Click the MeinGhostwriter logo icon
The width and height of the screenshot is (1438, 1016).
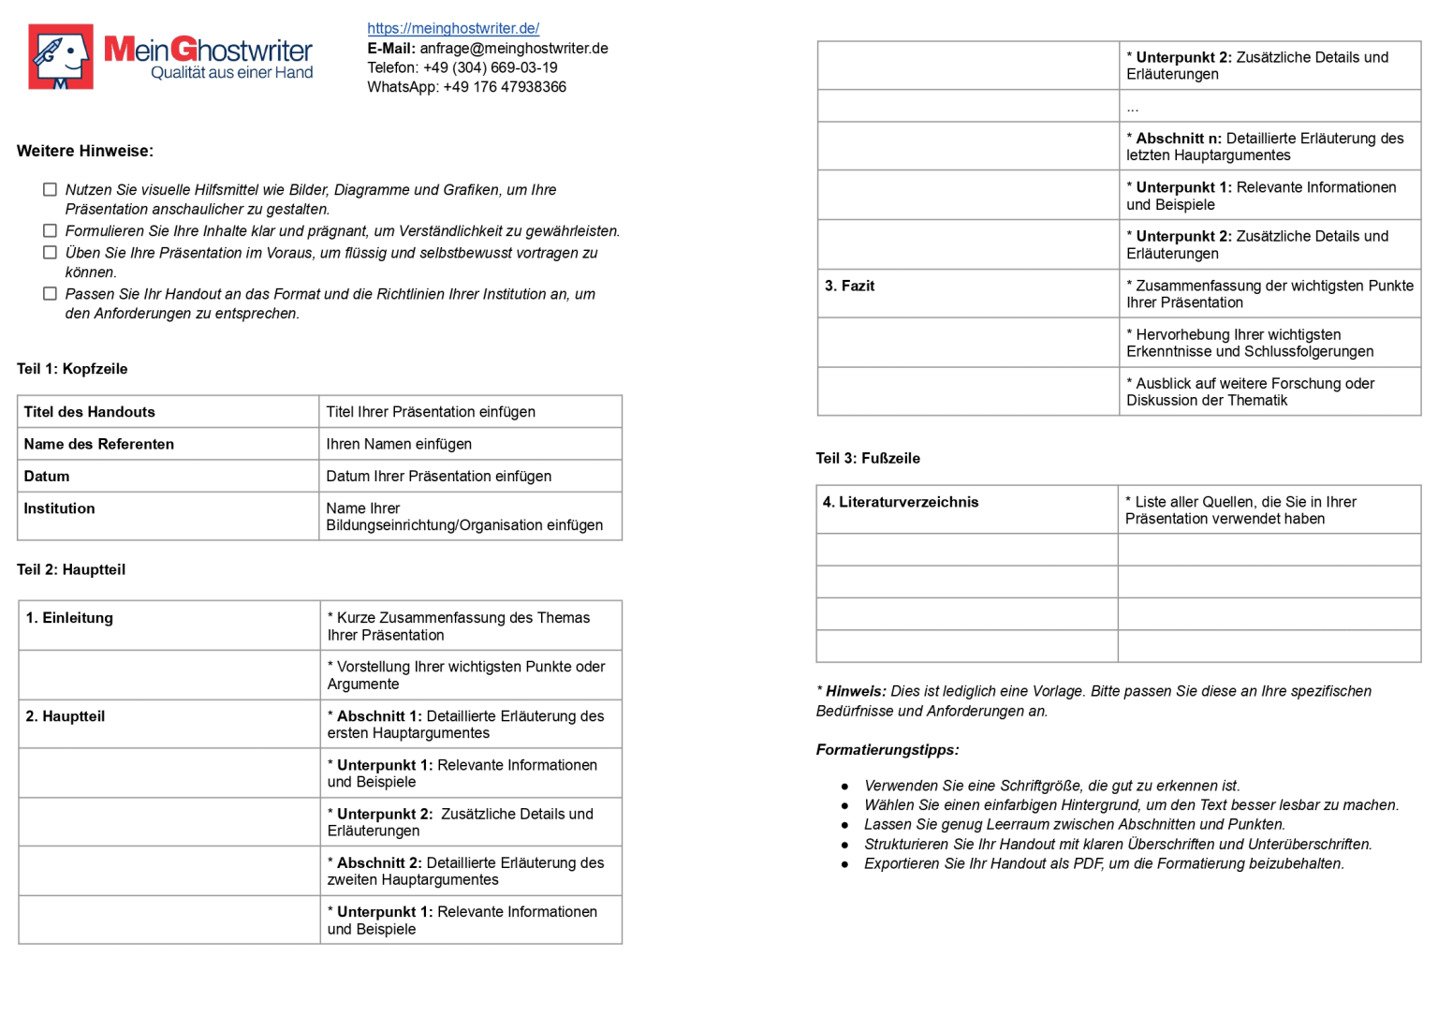(x=61, y=57)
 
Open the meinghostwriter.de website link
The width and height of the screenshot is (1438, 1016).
(x=453, y=28)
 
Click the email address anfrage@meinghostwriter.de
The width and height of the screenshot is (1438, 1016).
(x=513, y=49)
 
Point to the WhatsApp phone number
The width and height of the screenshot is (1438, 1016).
(x=504, y=87)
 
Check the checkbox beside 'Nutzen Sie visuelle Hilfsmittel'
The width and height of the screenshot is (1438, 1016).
(x=51, y=190)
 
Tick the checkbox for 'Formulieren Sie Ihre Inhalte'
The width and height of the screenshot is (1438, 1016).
(x=51, y=231)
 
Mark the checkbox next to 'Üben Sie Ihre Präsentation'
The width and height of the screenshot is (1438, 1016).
(x=51, y=253)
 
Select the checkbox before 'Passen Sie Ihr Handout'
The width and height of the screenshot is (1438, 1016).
(x=51, y=294)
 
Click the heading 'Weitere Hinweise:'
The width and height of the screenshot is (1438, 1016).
(x=85, y=151)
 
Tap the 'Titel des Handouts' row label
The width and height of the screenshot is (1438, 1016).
(x=90, y=412)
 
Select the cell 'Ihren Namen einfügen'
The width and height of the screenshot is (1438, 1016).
(x=399, y=444)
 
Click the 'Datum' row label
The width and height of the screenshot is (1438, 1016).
(x=47, y=477)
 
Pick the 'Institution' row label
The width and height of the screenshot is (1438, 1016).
(x=60, y=508)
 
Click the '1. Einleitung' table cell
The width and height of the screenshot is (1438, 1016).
(x=69, y=618)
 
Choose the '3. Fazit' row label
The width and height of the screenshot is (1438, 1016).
(x=849, y=286)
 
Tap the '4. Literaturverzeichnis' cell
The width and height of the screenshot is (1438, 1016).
(x=901, y=502)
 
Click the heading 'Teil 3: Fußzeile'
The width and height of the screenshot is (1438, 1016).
(x=868, y=458)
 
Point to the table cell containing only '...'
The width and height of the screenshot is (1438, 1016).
(x=1132, y=107)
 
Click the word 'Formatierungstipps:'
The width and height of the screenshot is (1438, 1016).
(x=888, y=750)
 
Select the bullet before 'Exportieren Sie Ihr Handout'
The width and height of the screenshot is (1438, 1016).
(x=845, y=864)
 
